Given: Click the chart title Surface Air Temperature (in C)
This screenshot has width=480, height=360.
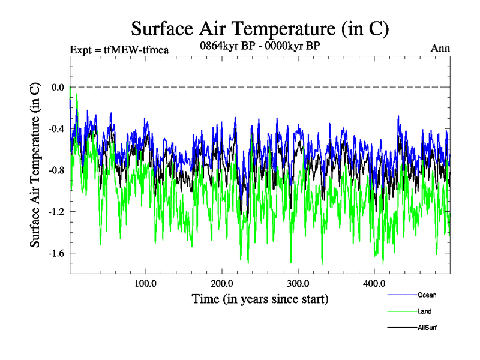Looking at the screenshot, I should point(260,29).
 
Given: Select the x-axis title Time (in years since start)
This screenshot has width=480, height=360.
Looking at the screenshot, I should point(260,298).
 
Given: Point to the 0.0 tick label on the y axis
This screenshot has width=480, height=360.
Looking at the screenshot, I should point(58,87).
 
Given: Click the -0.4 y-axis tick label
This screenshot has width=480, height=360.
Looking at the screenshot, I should point(56,128).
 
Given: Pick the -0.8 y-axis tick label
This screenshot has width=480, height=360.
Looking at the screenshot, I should point(56,170).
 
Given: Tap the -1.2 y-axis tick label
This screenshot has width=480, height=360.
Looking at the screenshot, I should point(56,211).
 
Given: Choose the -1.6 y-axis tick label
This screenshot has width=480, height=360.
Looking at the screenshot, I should point(56,253).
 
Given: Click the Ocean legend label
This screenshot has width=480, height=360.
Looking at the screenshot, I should point(427,295).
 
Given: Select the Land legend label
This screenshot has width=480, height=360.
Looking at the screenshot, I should point(424,311).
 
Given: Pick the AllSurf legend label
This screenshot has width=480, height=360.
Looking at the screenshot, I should point(426,328).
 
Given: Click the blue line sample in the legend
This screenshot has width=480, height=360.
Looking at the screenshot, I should point(402,295).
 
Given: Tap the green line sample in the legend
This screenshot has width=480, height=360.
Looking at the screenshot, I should point(402,311).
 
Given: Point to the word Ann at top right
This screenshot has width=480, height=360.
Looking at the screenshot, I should point(440,49).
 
